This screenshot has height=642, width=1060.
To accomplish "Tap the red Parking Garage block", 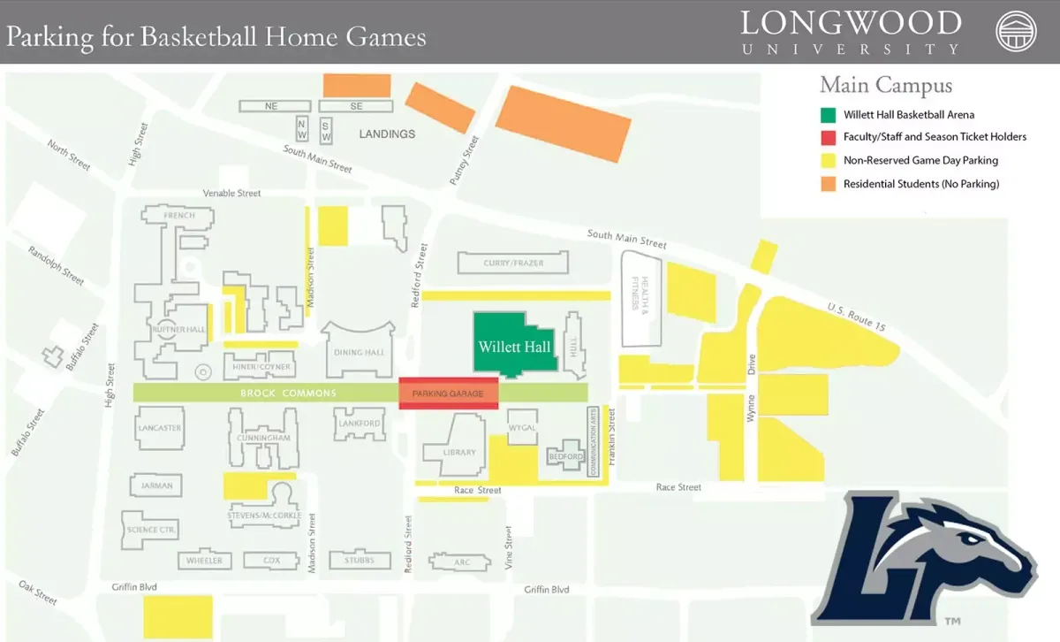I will [x=449, y=394].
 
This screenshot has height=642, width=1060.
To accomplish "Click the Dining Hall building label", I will [x=360, y=353].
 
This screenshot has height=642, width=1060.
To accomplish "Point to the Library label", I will [x=459, y=453].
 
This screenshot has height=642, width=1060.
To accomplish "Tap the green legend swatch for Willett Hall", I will [x=828, y=115].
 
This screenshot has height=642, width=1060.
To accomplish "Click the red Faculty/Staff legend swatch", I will [x=828, y=137].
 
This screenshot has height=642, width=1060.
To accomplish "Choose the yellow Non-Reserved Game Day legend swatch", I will [x=828, y=161].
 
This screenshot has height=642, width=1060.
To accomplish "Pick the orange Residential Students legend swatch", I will [x=828, y=184].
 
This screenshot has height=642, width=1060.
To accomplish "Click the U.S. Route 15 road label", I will [x=856, y=317].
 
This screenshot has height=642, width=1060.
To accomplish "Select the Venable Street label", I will [x=232, y=193].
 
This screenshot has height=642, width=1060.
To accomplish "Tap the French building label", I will [x=179, y=215].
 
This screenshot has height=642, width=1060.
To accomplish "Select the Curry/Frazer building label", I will [x=513, y=263].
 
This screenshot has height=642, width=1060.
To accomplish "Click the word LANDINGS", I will [x=387, y=134].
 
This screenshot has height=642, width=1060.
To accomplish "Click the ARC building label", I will [x=461, y=562].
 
